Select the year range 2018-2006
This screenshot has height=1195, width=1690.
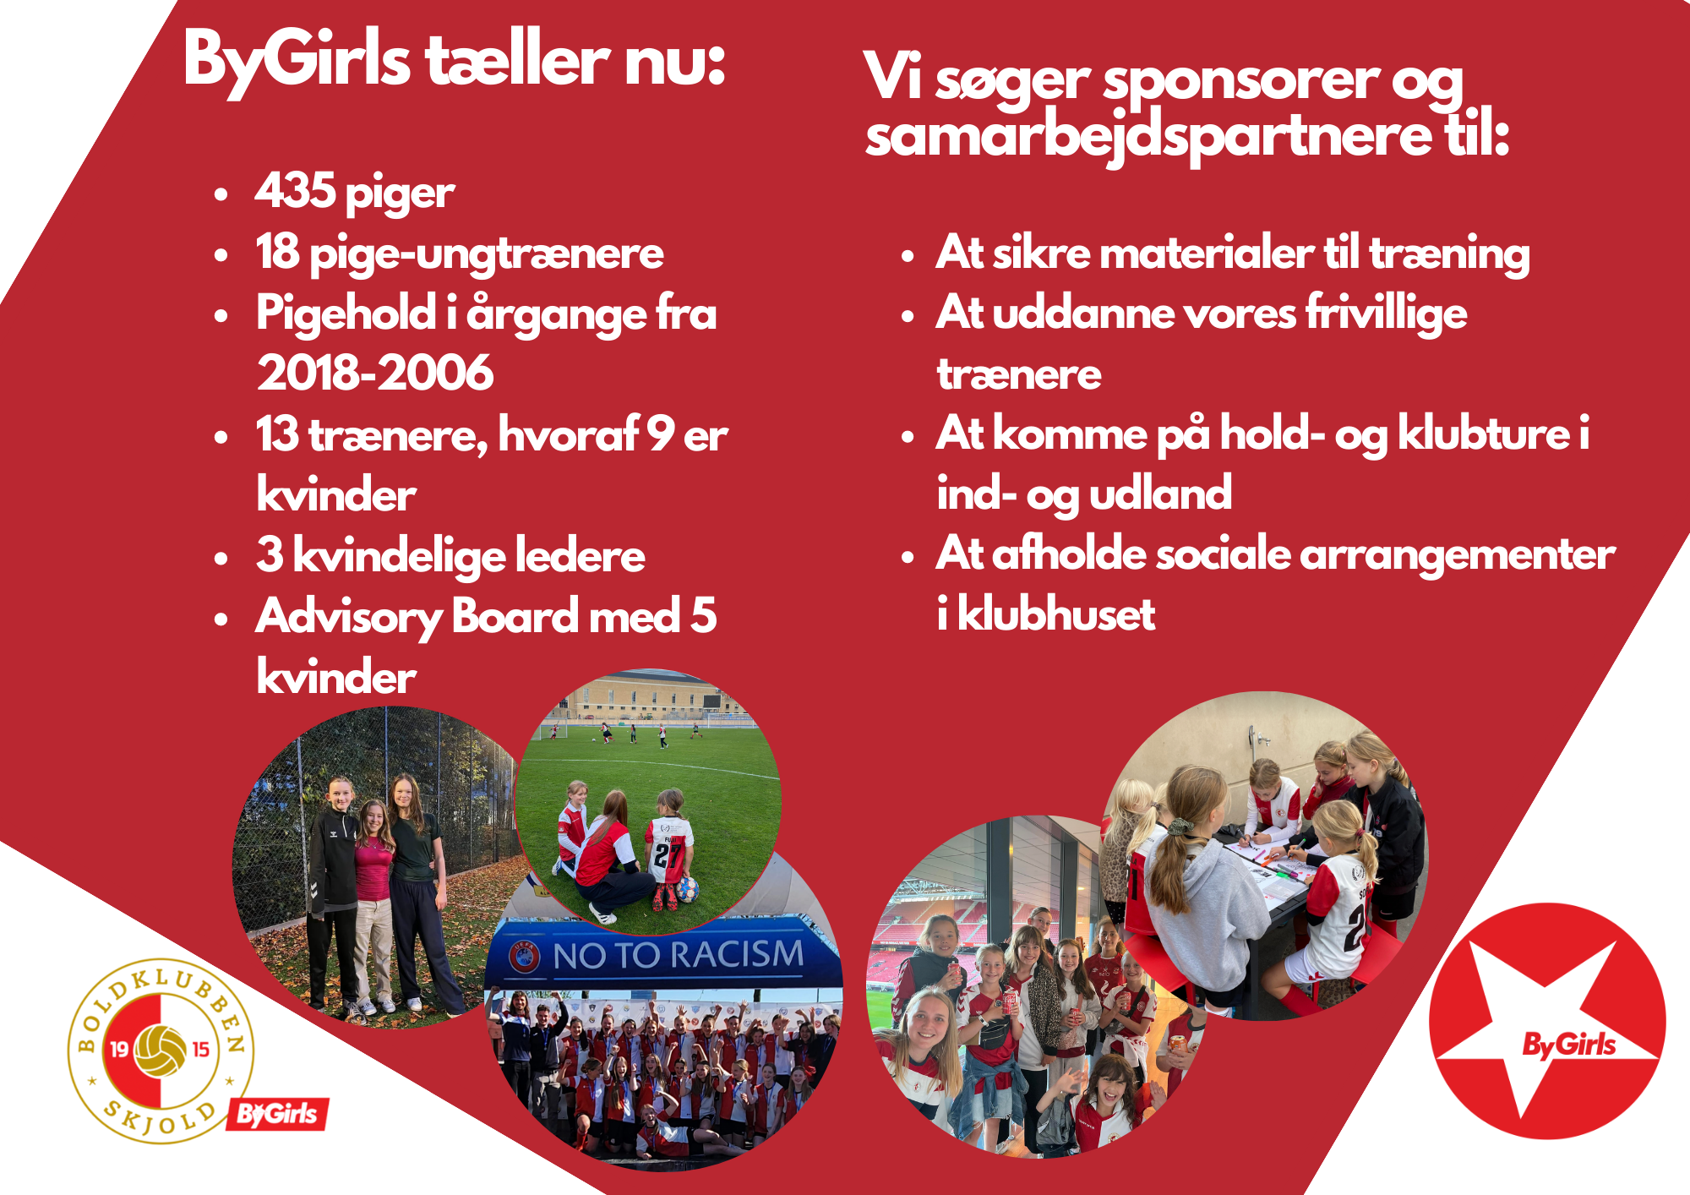click(375, 373)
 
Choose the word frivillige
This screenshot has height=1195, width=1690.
click(1387, 314)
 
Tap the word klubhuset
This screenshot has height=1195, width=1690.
click(1055, 614)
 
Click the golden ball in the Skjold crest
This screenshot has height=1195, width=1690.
click(161, 1050)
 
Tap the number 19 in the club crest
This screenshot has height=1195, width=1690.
click(119, 1050)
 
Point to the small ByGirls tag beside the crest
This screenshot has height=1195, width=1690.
click(277, 1115)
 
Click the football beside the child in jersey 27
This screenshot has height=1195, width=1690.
click(687, 889)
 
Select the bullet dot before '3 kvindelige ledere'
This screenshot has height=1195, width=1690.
click(221, 558)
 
